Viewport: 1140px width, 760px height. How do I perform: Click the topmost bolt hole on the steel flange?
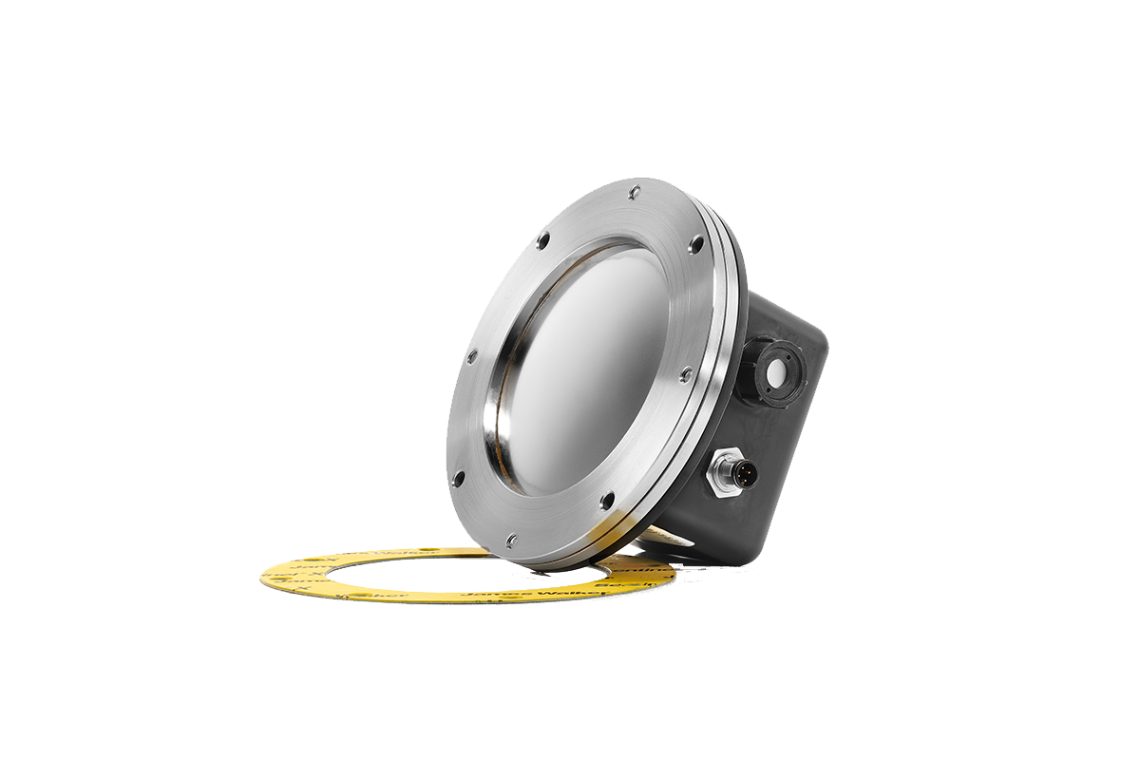pyautogui.click(x=634, y=193)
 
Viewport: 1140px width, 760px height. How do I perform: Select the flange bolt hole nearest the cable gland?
pyautogui.click(x=696, y=244)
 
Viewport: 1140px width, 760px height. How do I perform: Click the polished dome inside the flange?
pyautogui.click(x=589, y=370)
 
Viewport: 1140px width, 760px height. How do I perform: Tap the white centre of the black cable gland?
pyautogui.click(x=778, y=370)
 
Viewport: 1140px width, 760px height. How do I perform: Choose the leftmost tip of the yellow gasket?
pyautogui.click(x=261, y=575)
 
